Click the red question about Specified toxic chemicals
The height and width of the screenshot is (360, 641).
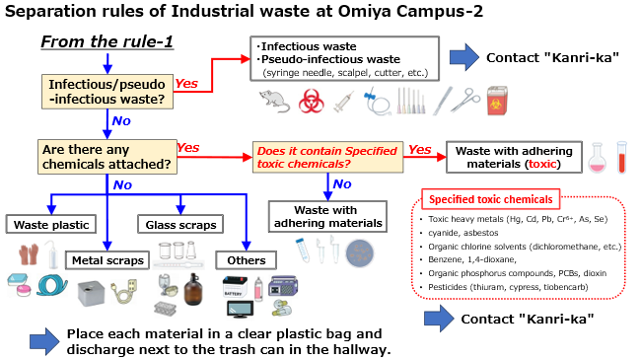tap(326, 156)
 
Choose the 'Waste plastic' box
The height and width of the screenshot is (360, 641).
tap(48, 225)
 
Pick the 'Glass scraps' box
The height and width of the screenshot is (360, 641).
tap(178, 225)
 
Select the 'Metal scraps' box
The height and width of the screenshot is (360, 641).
tap(107, 260)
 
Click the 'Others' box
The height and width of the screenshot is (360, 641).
tap(242, 260)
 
